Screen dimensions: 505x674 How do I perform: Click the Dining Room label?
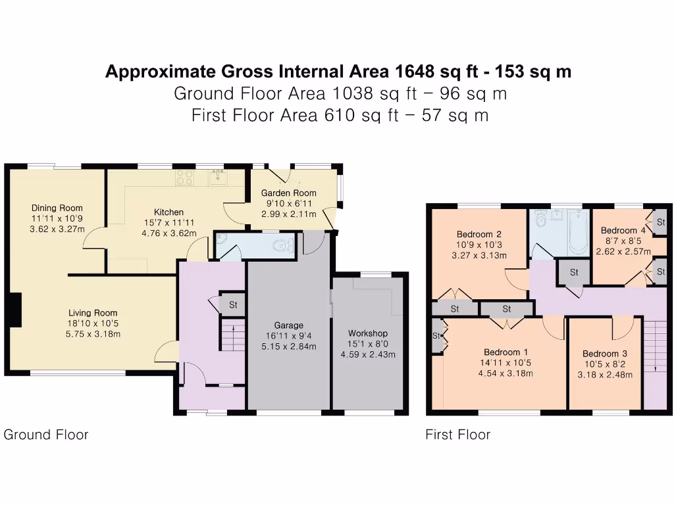point(58,208)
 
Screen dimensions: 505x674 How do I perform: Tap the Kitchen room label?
point(168,212)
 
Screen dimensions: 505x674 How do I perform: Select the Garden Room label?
point(288,193)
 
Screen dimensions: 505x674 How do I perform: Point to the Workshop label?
point(368,333)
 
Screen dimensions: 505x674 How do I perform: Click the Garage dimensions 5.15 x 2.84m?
point(289,347)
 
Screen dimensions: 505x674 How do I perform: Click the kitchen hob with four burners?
point(184,178)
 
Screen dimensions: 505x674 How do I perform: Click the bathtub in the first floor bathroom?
point(578,232)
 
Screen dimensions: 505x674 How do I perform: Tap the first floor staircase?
point(655,349)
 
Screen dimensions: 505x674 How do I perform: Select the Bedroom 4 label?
point(623,230)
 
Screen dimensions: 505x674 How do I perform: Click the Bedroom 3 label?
point(604,354)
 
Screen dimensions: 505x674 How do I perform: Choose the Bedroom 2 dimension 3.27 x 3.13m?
point(479,256)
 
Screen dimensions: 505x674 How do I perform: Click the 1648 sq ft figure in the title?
point(436,72)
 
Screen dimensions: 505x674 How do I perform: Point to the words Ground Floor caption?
point(46,434)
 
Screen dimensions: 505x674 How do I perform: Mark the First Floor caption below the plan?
point(457,434)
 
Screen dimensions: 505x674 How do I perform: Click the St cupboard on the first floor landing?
point(573,272)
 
